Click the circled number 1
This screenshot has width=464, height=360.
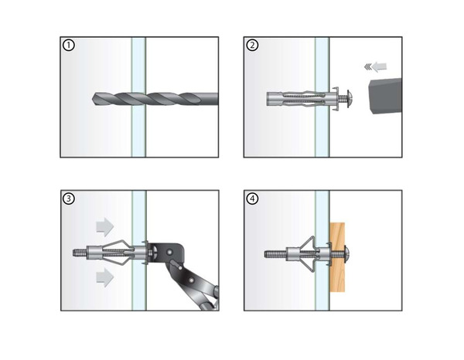(x=69, y=46)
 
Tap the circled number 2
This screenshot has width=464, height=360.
(x=252, y=46)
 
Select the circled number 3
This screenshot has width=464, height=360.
(x=69, y=199)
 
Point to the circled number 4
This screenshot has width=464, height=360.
(x=252, y=199)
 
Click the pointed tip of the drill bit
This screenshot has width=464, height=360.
(x=93, y=99)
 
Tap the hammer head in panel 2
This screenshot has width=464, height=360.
(x=384, y=97)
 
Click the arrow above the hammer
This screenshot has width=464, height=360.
(x=376, y=66)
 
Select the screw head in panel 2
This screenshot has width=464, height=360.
(x=350, y=99)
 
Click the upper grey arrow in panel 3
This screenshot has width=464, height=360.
(x=104, y=227)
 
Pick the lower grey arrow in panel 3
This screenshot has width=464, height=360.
(x=104, y=277)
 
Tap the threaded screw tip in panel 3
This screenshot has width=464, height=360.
(x=80, y=253)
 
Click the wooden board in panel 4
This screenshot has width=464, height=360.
(x=337, y=257)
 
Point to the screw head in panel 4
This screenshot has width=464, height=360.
(x=347, y=254)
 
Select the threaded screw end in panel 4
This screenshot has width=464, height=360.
(x=275, y=254)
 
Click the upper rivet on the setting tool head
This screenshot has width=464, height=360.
(x=169, y=252)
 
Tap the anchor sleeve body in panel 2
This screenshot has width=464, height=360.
(x=296, y=99)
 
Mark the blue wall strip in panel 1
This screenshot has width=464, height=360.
(x=138, y=97)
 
